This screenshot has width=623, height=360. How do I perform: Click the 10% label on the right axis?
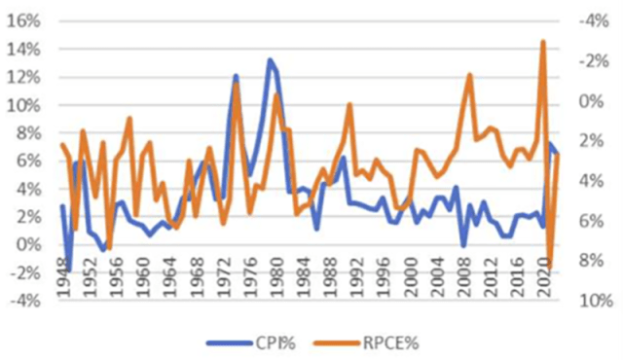coord(595,301)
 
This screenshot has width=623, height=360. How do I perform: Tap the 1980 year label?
coord(274,270)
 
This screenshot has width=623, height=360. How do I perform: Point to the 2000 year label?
coord(405,270)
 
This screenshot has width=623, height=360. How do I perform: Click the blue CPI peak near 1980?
coord(270,59)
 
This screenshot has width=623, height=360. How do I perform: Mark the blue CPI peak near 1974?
coord(236,75)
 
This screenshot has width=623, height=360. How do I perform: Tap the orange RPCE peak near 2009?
coord(469,75)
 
